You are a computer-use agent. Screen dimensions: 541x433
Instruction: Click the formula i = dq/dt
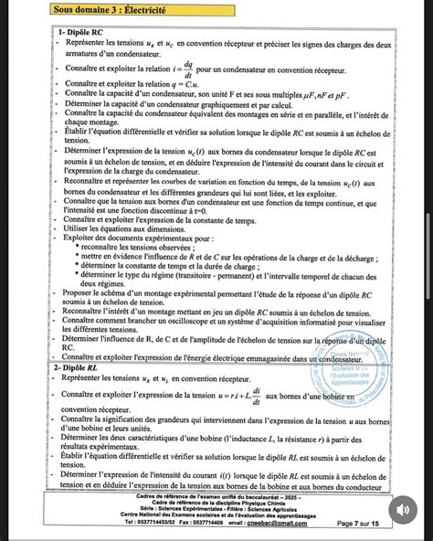coord(187,69)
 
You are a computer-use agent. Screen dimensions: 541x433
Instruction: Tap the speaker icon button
coord(403,509)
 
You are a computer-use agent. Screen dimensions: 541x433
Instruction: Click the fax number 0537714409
coord(200,523)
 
